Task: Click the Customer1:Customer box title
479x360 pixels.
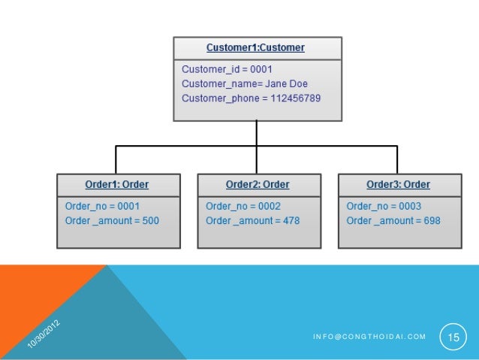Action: pyautogui.click(x=256, y=47)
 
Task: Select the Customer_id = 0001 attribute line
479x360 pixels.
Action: pyautogui.click(x=221, y=69)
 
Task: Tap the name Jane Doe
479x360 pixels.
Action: pyautogui.click(x=287, y=83)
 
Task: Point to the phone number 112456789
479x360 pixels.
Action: pyautogui.click(x=296, y=98)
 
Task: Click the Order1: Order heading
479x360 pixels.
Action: pyautogui.click(x=117, y=185)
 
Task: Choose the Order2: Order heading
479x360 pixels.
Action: pyautogui.click(x=258, y=185)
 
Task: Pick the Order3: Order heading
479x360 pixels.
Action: pyautogui.click(x=398, y=185)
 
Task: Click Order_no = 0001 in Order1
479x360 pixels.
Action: pyautogui.click(x=102, y=206)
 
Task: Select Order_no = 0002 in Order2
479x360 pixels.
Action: pyautogui.click(x=243, y=206)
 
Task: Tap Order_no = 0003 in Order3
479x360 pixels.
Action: pyautogui.click(x=384, y=206)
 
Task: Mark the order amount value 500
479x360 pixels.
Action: pyautogui.click(x=149, y=220)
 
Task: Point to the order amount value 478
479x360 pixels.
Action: pyautogui.click(x=291, y=220)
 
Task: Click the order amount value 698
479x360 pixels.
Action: pyautogui.click(x=431, y=220)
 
